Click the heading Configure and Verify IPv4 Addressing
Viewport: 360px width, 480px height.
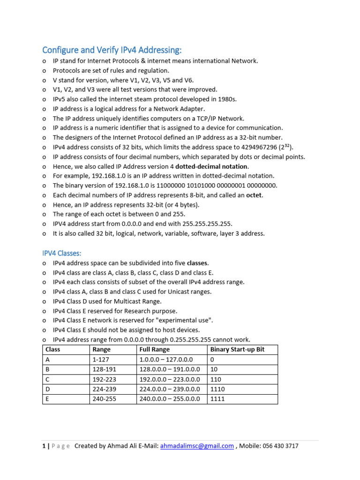[x=112, y=50]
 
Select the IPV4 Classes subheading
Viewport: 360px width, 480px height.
[x=62, y=253]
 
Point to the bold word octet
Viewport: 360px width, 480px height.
[x=255, y=195]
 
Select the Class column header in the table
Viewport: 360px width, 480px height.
[x=53, y=350]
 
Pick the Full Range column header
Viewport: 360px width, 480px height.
[x=155, y=350]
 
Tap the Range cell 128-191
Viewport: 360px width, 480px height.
[x=103, y=369]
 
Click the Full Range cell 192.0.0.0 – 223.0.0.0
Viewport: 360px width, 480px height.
[x=170, y=379]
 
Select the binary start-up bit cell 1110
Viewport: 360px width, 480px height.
[x=217, y=389]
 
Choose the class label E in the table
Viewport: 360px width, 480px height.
[x=47, y=399]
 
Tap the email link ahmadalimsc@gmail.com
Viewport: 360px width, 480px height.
[x=197, y=446]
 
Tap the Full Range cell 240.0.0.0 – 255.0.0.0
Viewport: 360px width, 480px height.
[x=170, y=399]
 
